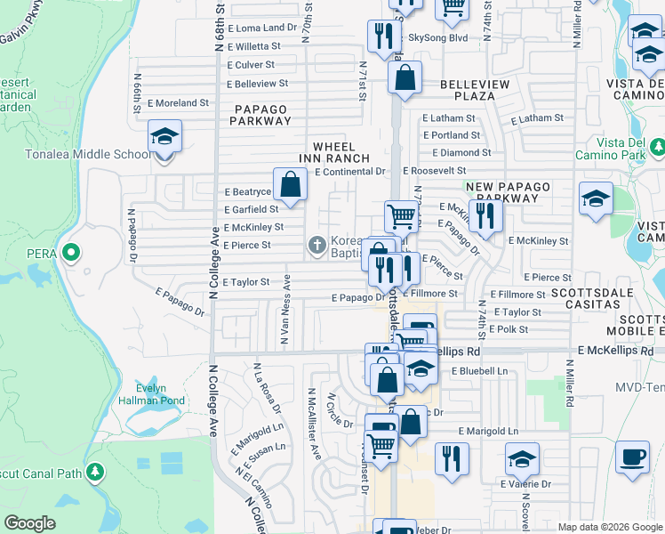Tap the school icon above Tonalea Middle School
coord(164,136)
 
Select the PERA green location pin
coord(73,254)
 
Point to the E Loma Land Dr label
coord(261,28)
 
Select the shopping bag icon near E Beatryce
coord(290,185)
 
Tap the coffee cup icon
coord(632,457)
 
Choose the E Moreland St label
coord(178,102)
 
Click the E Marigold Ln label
coord(488,431)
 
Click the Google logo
coord(29,523)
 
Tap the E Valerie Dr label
coord(525,484)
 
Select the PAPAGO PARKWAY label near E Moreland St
coord(261,115)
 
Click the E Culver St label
coord(253,65)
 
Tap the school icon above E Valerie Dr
coord(522,460)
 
